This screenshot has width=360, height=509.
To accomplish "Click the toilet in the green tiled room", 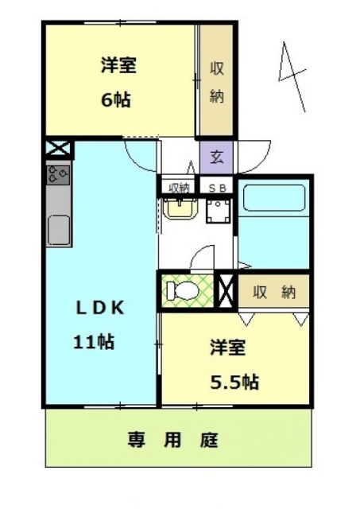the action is (x=183, y=289).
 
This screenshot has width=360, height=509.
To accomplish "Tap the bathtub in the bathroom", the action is (x=274, y=198).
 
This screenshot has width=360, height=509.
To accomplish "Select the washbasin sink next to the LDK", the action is (x=180, y=208).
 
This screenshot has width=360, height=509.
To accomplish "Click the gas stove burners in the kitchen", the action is (x=58, y=175).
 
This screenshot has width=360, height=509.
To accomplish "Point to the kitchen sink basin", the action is (x=59, y=230).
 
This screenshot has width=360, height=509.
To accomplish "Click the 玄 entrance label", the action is (x=216, y=157).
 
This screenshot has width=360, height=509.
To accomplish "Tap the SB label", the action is (x=216, y=188).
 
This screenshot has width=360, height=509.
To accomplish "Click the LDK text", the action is (x=100, y=308).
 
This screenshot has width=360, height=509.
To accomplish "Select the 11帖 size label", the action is (x=94, y=341).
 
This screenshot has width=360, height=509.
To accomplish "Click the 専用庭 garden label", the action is (x=172, y=440).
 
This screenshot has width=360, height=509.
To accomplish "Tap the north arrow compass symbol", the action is (x=292, y=76).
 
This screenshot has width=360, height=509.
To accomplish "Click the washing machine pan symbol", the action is (x=219, y=211).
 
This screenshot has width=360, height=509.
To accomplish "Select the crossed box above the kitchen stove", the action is (x=58, y=149).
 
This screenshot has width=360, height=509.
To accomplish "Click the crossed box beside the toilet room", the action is (x=226, y=290).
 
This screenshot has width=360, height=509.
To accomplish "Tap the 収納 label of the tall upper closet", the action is (x=217, y=83).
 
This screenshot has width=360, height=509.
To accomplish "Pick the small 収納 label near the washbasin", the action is (x=180, y=188).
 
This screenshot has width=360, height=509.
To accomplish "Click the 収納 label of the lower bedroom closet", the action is (x=274, y=292).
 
